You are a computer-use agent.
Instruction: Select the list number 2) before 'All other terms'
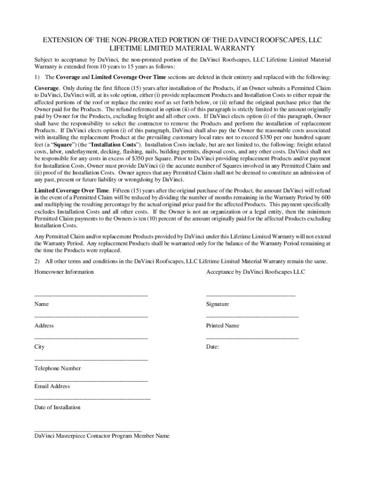pyautogui.click(x=38, y=261)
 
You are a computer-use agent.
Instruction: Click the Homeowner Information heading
pyautogui.click(x=64, y=272)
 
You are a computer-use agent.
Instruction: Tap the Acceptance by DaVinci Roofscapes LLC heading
pyautogui.click(x=255, y=272)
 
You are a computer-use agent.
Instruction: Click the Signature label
pyautogui.click(x=218, y=304)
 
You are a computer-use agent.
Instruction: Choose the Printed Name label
pyautogui.click(x=222, y=325)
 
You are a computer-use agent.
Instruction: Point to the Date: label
pyautogui.click(x=212, y=347)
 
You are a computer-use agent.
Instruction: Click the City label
pyautogui.click(x=39, y=347)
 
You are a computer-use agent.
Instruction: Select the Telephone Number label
pyautogui.click(x=57, y=368)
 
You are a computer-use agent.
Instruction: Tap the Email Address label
pyautogui.click(x=52, y=386)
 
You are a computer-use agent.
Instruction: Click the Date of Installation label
pyautogui.click(x=57, y=407)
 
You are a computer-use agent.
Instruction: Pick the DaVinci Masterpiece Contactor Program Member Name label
pyautogui.click(x=102, y=436)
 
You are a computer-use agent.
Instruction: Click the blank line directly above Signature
pyautogui.click(x=250, y=296)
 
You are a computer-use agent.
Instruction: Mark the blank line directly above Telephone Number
pyautogui.click(x=91, y=360)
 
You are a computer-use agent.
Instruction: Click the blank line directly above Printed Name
pyautogui.click(x=252, y=317)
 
